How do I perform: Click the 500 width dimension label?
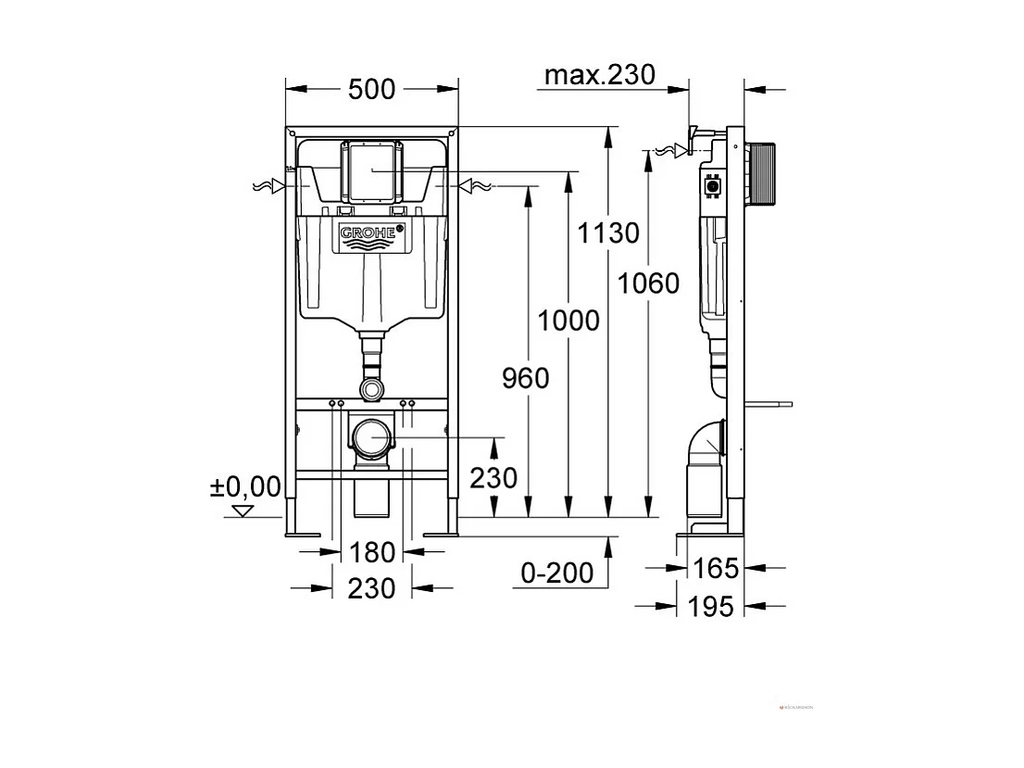(371, 89)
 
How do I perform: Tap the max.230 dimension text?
(598, 75)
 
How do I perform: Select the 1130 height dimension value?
(608, 233)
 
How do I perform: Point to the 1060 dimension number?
(649, 283)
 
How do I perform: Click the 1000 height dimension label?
(568, 321)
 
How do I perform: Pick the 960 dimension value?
(525, 378)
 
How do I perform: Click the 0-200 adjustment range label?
(556, 573)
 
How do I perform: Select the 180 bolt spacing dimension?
(372, 552)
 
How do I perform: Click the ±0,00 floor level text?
(245, 486)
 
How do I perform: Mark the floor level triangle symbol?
(244, 510)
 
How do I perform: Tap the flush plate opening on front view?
(373, 170)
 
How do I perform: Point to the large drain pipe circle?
(373, 437)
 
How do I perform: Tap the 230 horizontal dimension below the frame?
(371, 588)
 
